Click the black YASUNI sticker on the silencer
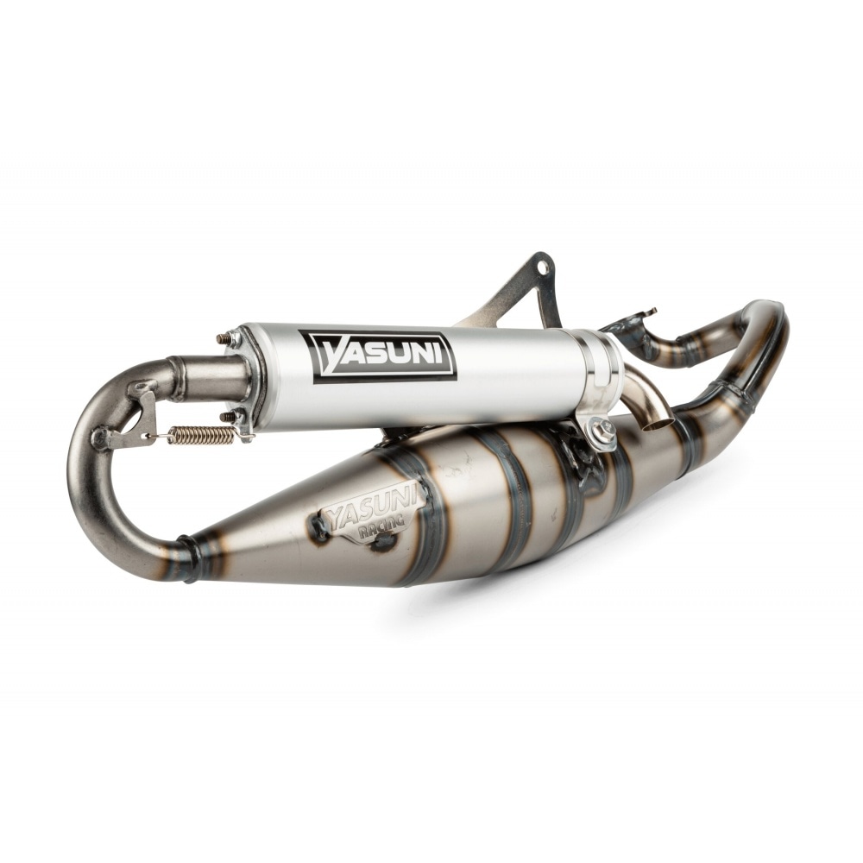(x=384, y=355)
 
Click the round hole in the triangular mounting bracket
(x=544, y=268)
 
